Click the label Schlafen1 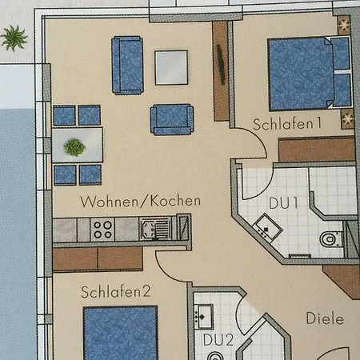[x=287, y=124]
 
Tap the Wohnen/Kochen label [x=140, y=202]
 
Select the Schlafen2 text [x=116, y=292]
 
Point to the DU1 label [x=283, y=203]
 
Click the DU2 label [x=218, y=340]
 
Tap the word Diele [x=325, y=318]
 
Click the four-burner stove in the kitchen [x=102, y=230]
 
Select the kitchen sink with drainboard [x=155, y=229]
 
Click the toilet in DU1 [x=331, y=238]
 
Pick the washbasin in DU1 [x=267, y=228]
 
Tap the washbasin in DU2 [x=203, y=317]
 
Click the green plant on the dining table [x=74, y=147]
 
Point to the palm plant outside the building [x=14, y=38]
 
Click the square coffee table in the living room [x=171, y=68]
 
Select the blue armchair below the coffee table [x=172, y=120]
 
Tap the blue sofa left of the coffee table [x=127, y=66]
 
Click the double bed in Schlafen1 [x=310, y=74]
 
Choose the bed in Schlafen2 [x=121, y=333]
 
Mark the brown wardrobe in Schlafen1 [x=317, y=150]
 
